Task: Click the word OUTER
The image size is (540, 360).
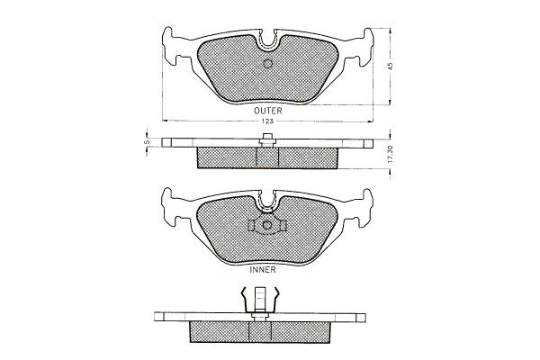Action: [267, 111]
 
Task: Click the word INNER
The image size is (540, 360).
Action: [263, 270]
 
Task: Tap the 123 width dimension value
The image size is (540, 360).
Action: [267, 121]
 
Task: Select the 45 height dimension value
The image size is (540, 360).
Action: [390, 66]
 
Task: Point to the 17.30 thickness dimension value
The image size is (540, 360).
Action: [390, 154]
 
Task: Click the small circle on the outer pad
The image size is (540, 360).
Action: [267, 64]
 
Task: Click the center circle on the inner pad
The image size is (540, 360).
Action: [267, 225]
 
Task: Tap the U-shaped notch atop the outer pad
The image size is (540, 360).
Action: [268, 41]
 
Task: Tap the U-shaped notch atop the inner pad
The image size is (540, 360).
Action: [267, 202]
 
